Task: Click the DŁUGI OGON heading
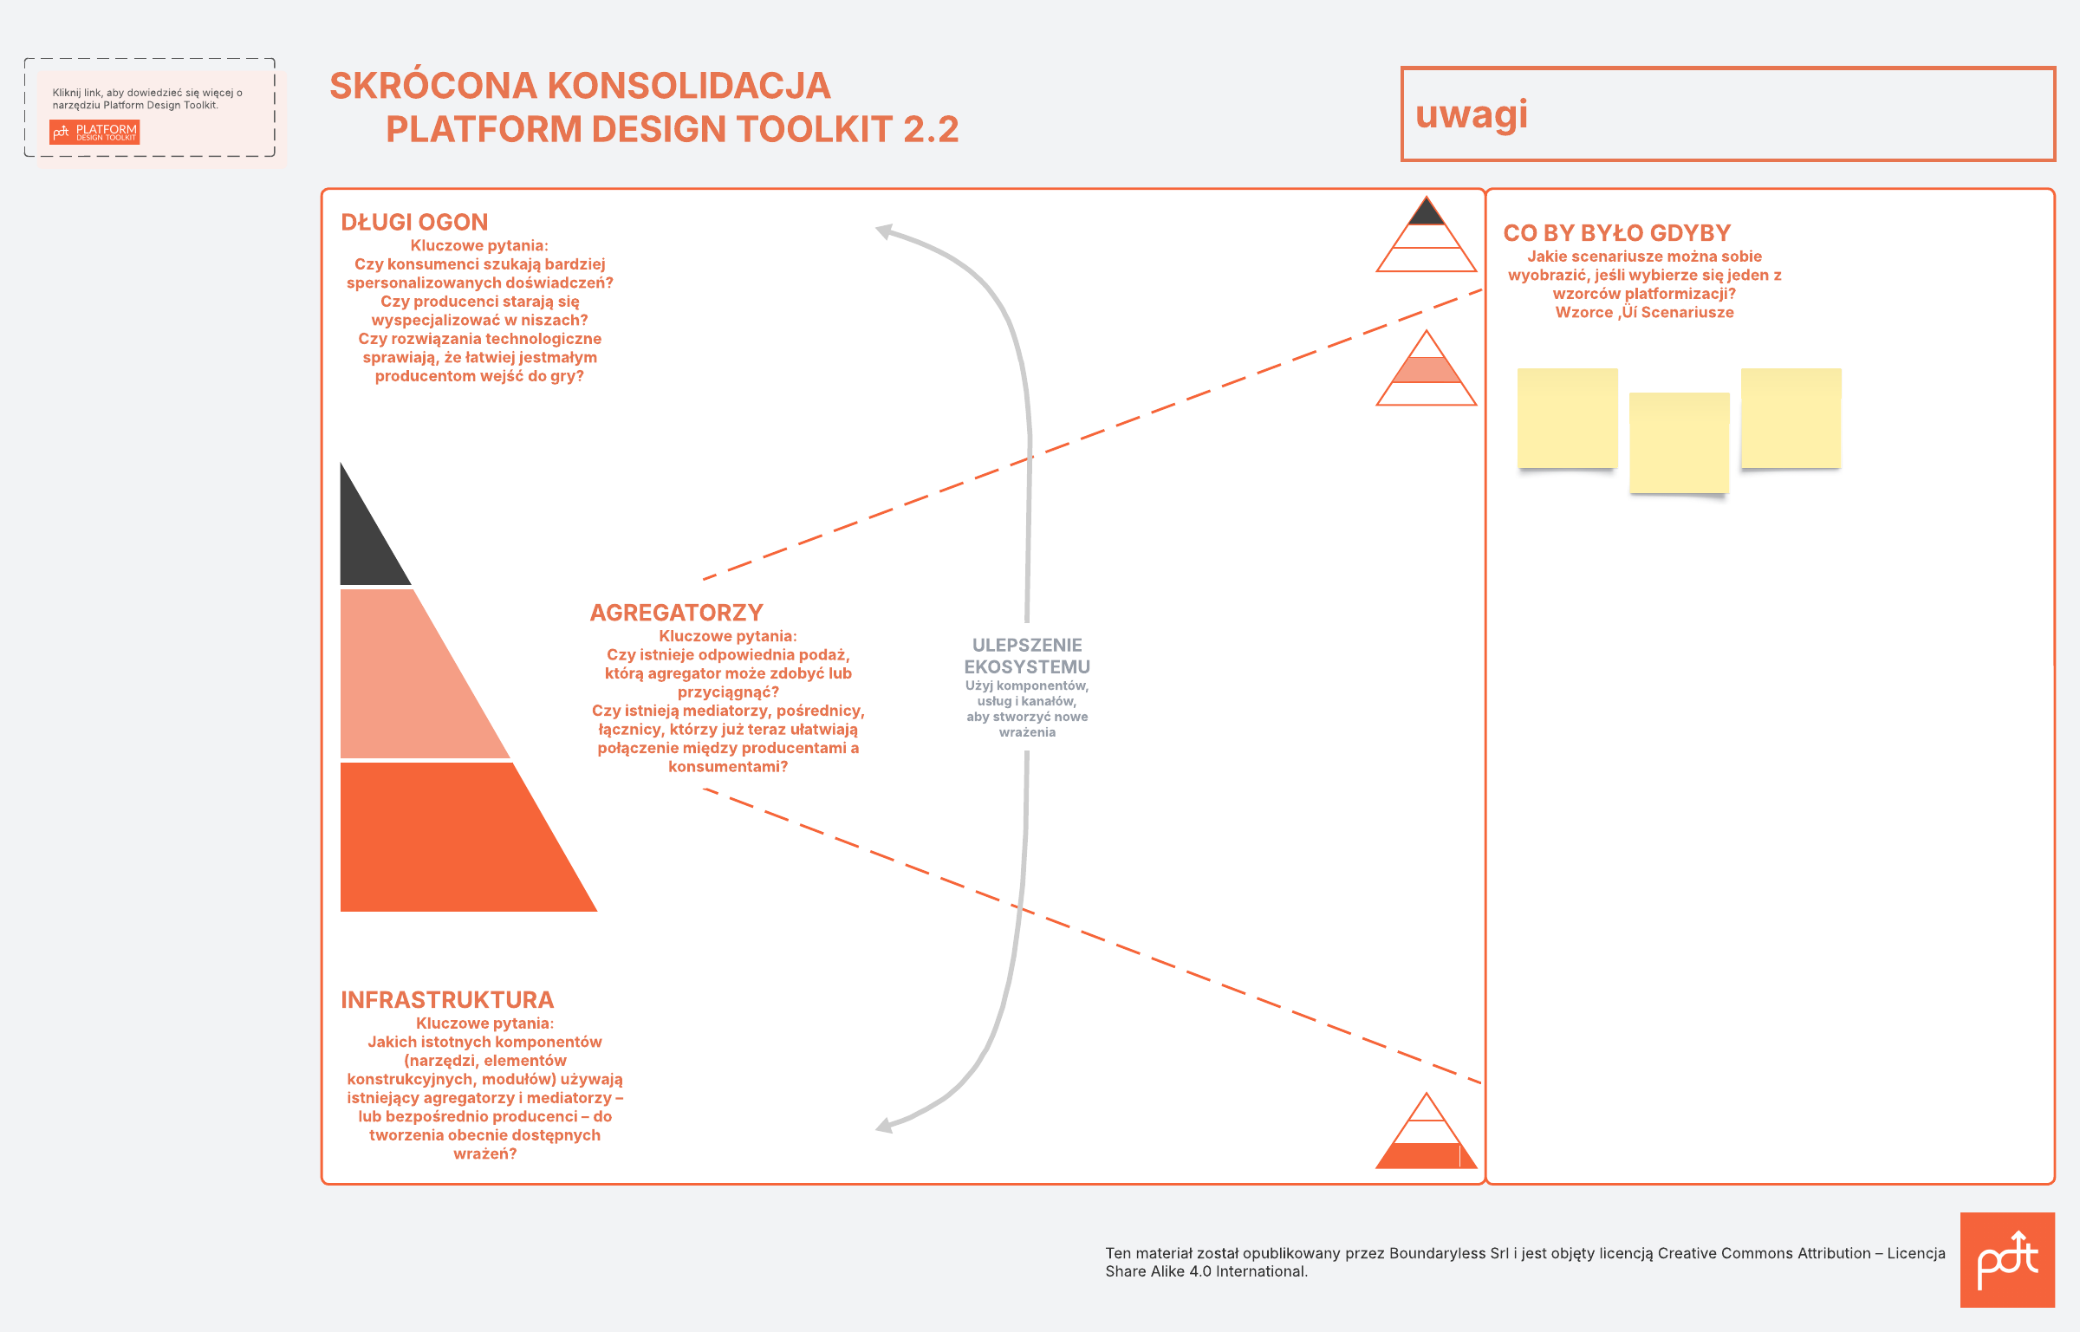(x=414, y=223)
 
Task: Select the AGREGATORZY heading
(x=676, y=613)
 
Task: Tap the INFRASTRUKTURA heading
(x=447, y=1000)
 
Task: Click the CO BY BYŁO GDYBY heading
(x=1616, y=233)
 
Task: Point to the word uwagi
(x=1472, y=115)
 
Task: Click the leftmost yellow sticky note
(x=1568, y=418)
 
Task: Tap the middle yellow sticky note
(x=1680, y=443)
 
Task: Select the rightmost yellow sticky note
(x=1791, y=418)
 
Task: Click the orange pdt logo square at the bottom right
(x=2007, y=1260)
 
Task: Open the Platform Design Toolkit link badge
(x=94, y=132)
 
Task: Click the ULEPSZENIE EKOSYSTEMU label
(x=1027, y=656)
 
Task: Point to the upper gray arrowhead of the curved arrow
(x=886, y=231)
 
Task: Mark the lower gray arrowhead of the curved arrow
(x=886, y=1125)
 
